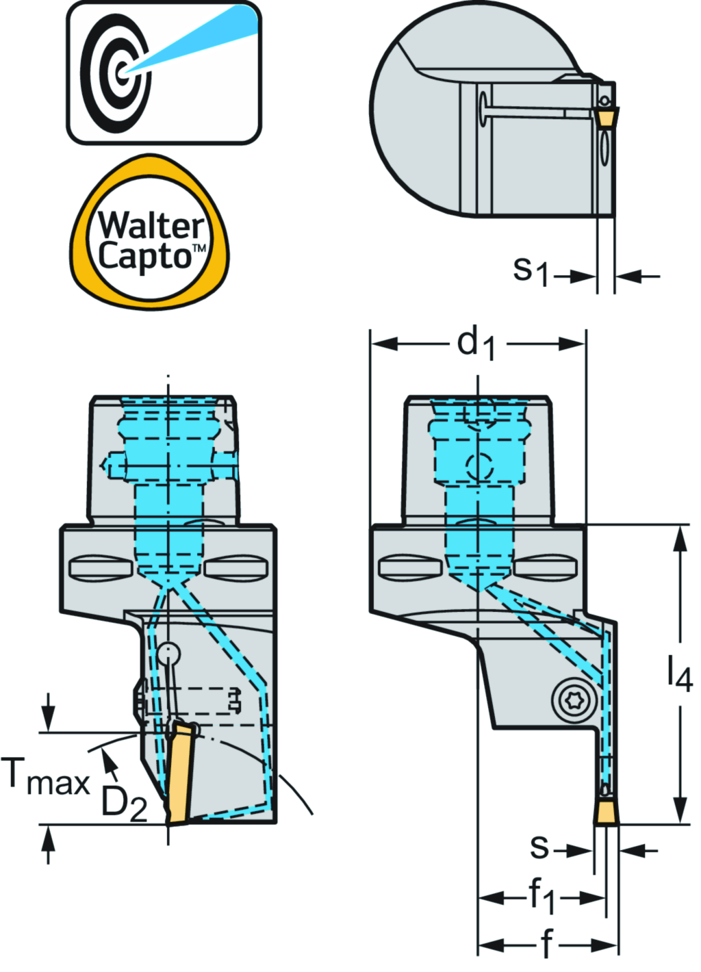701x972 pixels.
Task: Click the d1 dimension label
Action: click(476, 342)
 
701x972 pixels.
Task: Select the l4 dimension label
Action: click(680, 674)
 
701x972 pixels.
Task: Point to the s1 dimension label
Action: click(531, 270)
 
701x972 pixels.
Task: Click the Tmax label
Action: click(47, 777)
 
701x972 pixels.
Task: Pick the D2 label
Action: click(124, 802)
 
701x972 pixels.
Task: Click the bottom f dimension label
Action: click(546, 945)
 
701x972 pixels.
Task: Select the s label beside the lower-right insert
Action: click(539, 848)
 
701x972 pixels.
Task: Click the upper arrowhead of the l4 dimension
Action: click(680, 538)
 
